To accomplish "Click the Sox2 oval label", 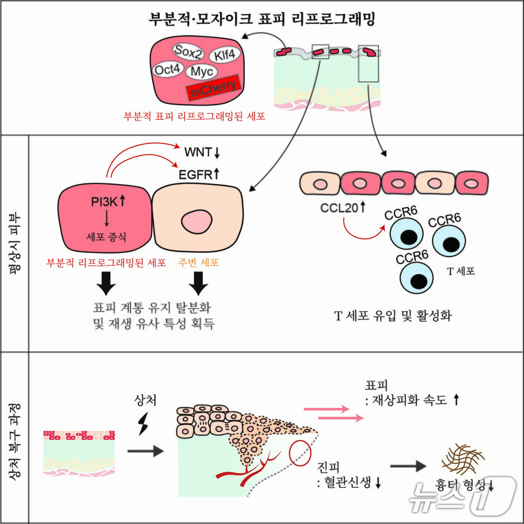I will (x=188, y=51).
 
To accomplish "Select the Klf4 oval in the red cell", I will (x=225, y=55).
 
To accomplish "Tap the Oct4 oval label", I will (x=167, y=70).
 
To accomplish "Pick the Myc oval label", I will (x=202, y=71).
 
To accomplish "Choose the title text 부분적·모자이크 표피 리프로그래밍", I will (x=262, y=19).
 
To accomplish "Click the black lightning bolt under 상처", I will (x=143, y=424).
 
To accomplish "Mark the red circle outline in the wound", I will (x=300, y=453).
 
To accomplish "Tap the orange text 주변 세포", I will (x=198, y=263).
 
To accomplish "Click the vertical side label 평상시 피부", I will (x=15, y=244).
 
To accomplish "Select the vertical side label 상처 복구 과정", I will (x=15, y=441).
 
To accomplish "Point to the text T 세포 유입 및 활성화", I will (x=393, y=316).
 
